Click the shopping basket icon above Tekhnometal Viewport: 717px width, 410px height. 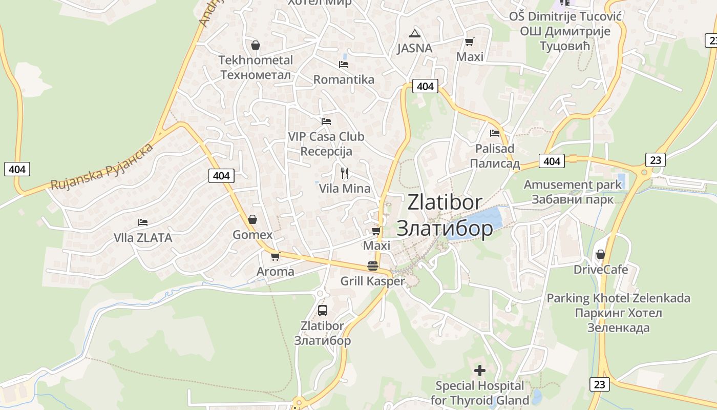(x=256, y=45)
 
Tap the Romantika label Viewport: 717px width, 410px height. (x=344, y=79)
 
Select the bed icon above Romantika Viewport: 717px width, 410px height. (x=344, y=65)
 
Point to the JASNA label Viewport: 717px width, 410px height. (x=415, y=48)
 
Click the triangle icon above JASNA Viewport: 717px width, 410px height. (x=415, y=34)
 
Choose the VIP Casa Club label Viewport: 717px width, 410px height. (x=326, y=137)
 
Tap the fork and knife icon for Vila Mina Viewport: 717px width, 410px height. (x=345, y=173)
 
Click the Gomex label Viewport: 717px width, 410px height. (x=252, y=235)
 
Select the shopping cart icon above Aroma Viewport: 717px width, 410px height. (x=276, y=256)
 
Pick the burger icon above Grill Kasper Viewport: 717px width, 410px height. (x=373, y=266)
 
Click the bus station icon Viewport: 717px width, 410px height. (x=323, y=310)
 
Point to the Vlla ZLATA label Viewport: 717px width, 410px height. (x=143, y=238)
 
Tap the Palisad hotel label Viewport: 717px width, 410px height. (x=495, y=156)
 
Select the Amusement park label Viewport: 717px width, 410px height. (x=573, y=192)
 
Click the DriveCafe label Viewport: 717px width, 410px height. (x=601, y=270)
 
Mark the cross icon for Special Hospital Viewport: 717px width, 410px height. (x=480, y=370)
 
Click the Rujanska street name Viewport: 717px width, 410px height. (x=102, y=167)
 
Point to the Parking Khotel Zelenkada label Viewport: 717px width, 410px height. (x=619, y=313)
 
